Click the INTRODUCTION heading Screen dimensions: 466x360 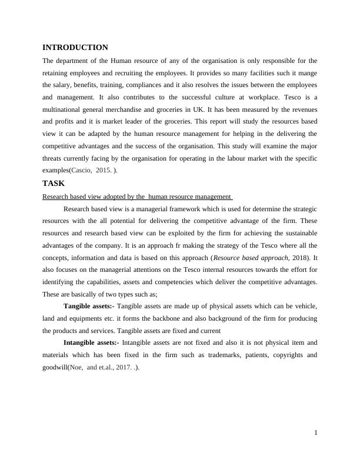click(x=75, y=48)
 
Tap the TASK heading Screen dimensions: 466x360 click(x=54, y=184)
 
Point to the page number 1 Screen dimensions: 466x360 click(x=316, y=433)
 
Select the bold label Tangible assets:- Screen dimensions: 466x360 click(x=91, y=307)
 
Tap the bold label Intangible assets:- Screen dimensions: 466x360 click(x=94, y=342)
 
